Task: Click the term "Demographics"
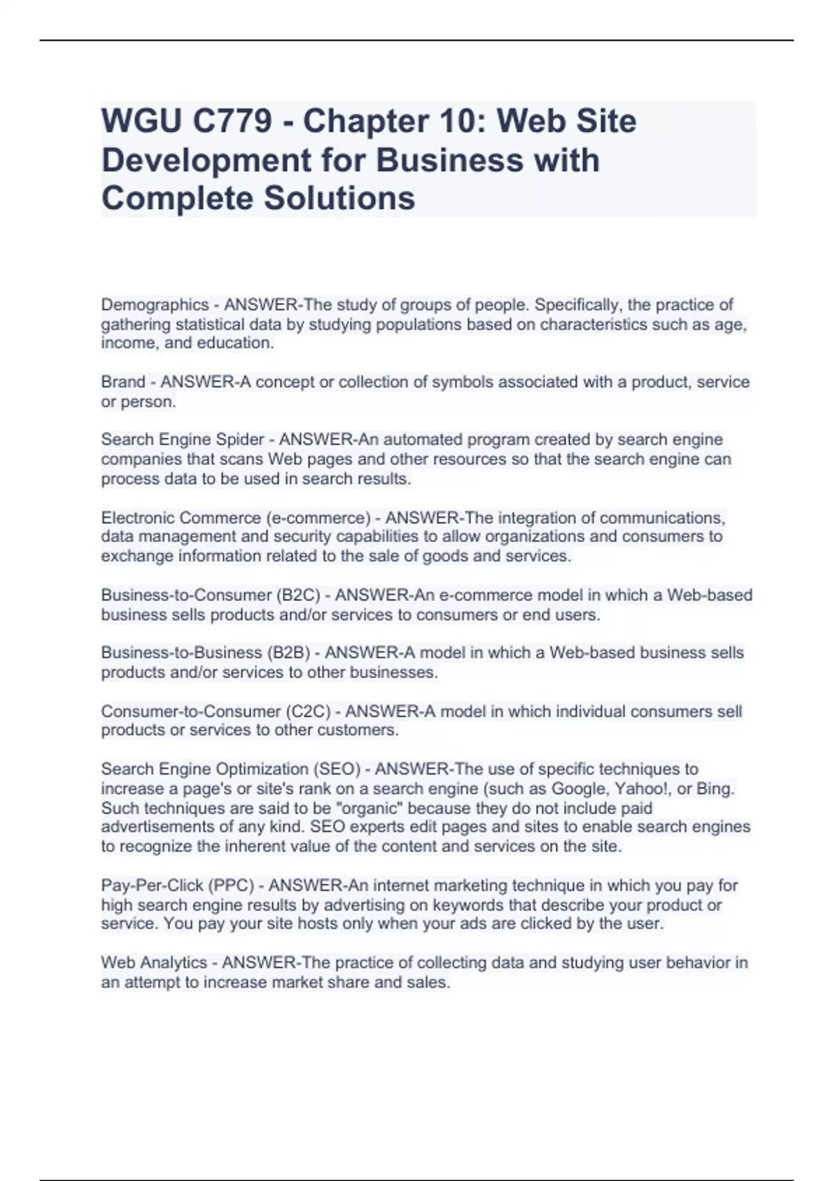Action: pyautogui.click(x=155, y=305)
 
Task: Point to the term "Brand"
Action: pyautogui.click(x=123, y=382)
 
